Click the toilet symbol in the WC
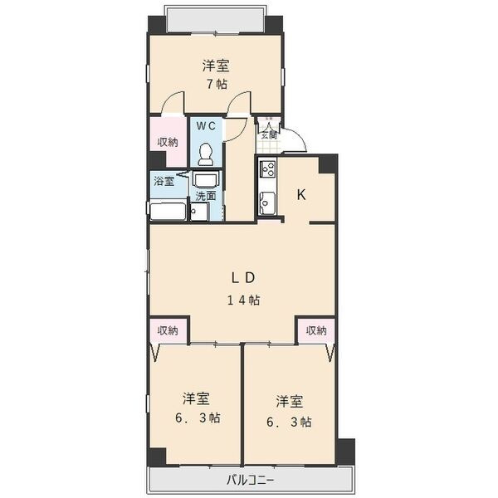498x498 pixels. pos(206,154)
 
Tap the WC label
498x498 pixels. pos(206,126)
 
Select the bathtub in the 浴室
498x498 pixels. pos(168,211)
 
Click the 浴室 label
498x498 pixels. pos(164,181)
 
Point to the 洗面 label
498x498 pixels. pos(206,196)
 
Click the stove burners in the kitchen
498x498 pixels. pos(267,169)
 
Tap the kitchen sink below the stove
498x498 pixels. pos(267,203)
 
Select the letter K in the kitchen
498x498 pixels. pos(301,195)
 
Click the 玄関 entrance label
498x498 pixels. pos(269,135)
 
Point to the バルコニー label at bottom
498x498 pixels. pos(250,480)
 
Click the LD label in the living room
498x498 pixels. pos(243,278)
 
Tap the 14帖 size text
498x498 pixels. pos(243,300)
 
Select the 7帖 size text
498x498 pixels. pos(217,84)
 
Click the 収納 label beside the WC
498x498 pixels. pos(168,142)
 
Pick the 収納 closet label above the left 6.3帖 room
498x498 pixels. pos(168,330)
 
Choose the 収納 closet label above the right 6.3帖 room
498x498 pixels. pos(316,330)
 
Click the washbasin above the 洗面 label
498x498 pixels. pos(205,181)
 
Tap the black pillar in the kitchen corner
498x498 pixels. pos(328,164)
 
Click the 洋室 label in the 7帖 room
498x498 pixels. pos(216,66)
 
